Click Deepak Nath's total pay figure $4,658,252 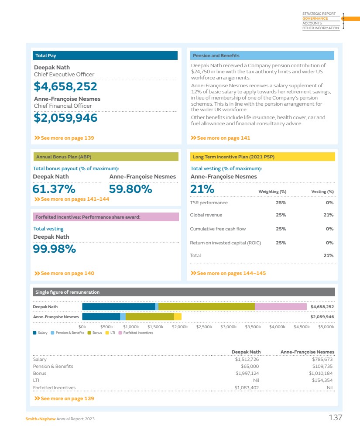[x=65, y=87]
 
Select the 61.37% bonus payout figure [x=54, y=189]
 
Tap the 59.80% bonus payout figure [x=130, y=189]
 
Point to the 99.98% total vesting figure [x=55, y=249]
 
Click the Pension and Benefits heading [x=216, y=55]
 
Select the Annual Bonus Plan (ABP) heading [x=64, y=157]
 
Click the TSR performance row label [x=209, y=202]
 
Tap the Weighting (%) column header [x=272, y=192]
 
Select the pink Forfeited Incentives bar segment [x=281, y=307]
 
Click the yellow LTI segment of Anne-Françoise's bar [x=178, y=317]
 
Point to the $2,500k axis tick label [x=204, y=326]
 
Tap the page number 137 [x=335, y=418]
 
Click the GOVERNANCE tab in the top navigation [x=315, y=19]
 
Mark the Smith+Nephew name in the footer [x=40, y=419]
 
